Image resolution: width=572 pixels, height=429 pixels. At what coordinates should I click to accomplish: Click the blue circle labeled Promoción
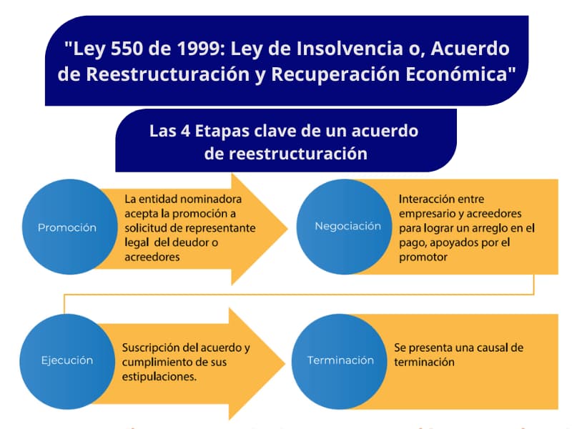pyautogui.click(x=66, y=227)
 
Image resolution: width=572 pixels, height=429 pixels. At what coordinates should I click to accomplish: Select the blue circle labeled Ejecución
pyautogui.click(x=66, y=360)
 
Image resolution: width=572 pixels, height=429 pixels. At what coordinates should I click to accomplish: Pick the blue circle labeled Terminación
pyautogui.click(x=340, y=360)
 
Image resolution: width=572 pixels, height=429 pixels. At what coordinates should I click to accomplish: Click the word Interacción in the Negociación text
pyautogui.click(x=428, y=199)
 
